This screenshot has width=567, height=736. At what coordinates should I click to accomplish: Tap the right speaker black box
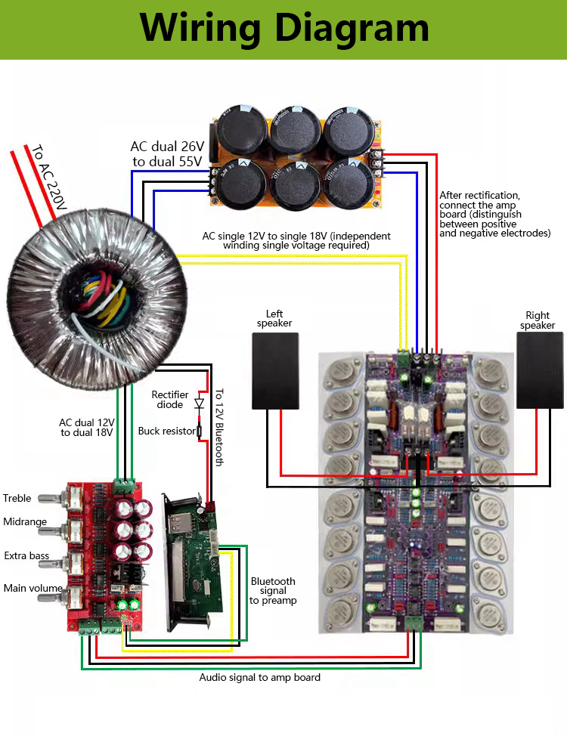pos(540,371)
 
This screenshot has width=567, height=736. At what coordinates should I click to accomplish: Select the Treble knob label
pos(17,498)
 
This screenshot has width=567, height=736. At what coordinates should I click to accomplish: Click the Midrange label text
pos(25,522)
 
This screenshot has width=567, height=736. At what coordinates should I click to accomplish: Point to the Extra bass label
pos(26,556)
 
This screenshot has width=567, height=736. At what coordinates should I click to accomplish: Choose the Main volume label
pos(33,588)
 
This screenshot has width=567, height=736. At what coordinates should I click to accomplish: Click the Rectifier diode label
pos(170,400)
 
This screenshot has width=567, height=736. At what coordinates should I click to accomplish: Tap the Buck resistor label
pos(166,431)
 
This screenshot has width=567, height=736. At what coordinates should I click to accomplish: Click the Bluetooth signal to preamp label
pos(273,591)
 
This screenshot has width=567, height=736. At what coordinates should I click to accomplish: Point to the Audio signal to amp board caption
pos(259,678)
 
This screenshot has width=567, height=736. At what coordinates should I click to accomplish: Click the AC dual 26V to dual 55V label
pos(166,154)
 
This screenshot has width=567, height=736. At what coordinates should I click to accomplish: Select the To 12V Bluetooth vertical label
pos(219,427)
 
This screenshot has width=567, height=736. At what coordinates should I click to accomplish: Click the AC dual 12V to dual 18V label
pos(87,428)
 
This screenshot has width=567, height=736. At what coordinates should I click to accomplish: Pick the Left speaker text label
pos(274,318)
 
